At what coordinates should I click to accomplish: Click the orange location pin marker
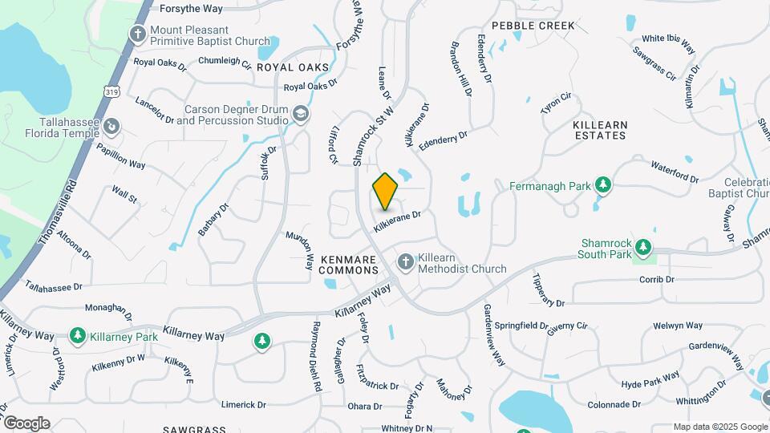coord(385,191)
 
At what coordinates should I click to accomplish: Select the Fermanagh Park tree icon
coord(603,186)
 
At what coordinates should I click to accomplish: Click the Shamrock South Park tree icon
coord(642,245)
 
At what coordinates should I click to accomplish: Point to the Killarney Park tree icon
coord(78,335)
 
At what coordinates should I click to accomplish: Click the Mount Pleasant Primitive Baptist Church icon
coord(137,34)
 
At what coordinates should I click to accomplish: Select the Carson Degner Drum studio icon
coord(301,115)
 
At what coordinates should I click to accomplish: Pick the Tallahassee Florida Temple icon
coord(112,125)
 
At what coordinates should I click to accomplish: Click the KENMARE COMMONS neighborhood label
coord(349,265)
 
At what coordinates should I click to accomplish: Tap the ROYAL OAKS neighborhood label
coord(293,67)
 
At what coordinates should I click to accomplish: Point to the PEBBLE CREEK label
coord(533,26)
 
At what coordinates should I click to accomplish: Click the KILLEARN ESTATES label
coord(599,131)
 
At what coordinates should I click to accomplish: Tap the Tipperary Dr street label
coord(549,289)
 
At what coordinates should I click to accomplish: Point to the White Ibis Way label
coord(668,42)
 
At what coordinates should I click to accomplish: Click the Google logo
coord(26,423)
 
